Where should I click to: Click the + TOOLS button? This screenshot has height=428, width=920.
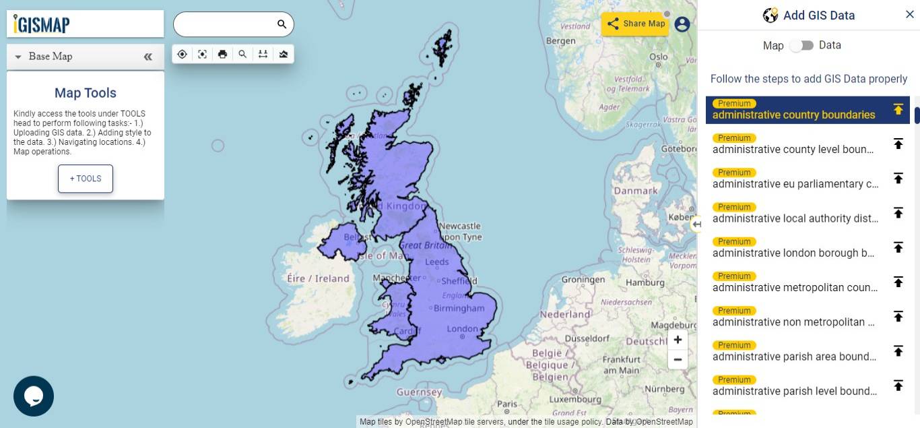[x=86, y=179]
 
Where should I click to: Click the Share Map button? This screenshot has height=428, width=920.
[x=635, y=24]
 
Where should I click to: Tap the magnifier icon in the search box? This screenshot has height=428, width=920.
[x=282, y=24]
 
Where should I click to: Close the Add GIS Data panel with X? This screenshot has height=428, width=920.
[x=909, y=14]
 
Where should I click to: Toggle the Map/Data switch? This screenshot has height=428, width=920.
[x=801, y=45]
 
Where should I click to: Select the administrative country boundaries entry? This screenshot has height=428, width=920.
[x=793, y=115]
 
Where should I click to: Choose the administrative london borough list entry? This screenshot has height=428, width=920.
[x=793, y=253]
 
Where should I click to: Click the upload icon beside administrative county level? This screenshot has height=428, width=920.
[x=898, y=144]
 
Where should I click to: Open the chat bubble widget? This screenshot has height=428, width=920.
[x=34, y=396]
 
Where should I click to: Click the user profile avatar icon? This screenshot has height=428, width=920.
[x=682, y=24]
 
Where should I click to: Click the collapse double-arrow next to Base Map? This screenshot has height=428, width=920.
[x=148, y=57]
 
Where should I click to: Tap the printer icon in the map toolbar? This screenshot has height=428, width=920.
[x=222, y=55]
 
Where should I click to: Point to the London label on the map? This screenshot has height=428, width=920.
[x=462, y=329]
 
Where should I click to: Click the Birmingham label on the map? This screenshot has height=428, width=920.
[x=459, y=308]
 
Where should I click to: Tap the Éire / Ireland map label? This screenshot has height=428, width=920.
[x=318, y=278]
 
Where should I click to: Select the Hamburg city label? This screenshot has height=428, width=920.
[x=645, y=282]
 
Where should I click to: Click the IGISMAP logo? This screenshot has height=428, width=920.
[x=42, y=24]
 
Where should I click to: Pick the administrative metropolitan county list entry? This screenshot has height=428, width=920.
[x=795, y=288]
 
